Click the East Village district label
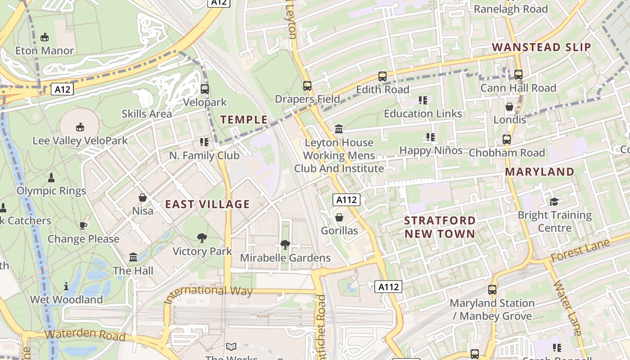pyautogui.click(x=207, y=204)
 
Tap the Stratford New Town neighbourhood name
pyautogui.click(x=440, y=227)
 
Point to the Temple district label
pyautogui.click(x=244, y=120)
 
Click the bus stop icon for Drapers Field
pyautogui.click(x=307, y=85)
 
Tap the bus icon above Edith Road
pyautogui.click(x=382, y=76)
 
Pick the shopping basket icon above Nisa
pyautogui.click(x=143, y=198)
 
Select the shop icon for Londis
pyautogui.click(x=509, y=107)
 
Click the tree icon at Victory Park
pyautogui.click(x=202, y=238)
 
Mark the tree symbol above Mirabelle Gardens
pyautogui.click(x=285, y=245)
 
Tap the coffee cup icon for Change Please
pyautogui.click(x=83, y=225)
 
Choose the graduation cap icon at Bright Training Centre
pyautogui.click(x=554, y=202)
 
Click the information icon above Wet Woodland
pyautogui.click(x=66, y=286)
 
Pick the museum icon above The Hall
pyautogui.click(x=133, y=257)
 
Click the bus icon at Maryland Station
pyautogui.click(x=492, y=290)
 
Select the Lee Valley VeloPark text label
pyautogui.click(x=80, y=141)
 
